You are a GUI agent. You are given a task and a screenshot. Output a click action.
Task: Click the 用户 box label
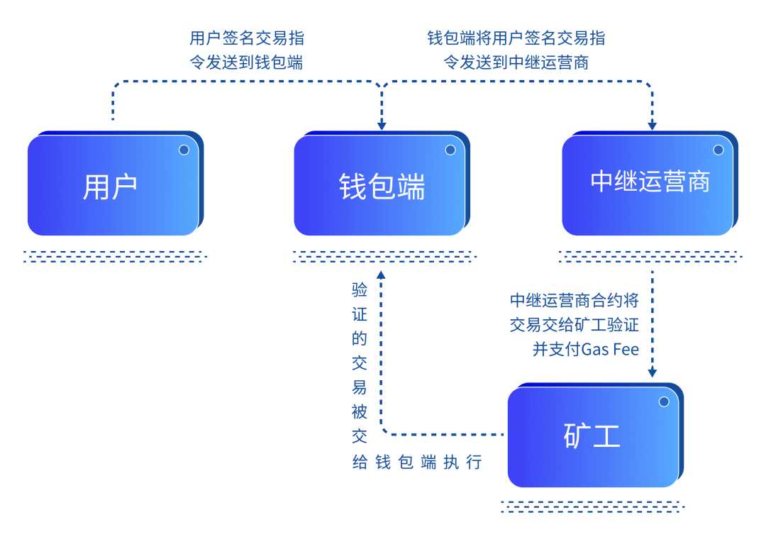point(110,187)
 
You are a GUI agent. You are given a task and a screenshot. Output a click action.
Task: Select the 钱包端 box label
point(382,187)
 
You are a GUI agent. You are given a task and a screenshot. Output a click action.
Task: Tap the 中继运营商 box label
point(650,182)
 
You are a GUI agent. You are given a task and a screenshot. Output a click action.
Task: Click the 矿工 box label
point(592,436)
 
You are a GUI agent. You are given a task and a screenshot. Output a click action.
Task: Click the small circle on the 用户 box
point(184,150)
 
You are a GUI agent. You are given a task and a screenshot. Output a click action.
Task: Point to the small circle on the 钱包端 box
point(450,150)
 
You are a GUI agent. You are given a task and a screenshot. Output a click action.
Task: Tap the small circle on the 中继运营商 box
point(718,150)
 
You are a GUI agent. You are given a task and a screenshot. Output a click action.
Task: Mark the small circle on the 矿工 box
point(664,402)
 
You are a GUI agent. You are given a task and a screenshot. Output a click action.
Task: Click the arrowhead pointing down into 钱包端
point(382,126)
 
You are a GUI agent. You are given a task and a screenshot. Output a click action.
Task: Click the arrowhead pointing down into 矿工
point(653,373)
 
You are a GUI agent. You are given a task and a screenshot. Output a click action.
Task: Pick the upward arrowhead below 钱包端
point(382,275)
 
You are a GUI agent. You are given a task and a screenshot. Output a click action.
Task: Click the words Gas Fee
point(610,349)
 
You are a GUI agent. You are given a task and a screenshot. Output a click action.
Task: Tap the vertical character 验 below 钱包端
point(360,290)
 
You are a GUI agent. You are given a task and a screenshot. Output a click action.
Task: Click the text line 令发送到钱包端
point(246,62)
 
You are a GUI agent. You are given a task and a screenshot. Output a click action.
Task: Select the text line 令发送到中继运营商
point(516,62)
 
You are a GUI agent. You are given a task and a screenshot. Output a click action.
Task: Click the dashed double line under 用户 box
point(114,256)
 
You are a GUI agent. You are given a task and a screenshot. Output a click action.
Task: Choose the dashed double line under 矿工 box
point(592,506)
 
